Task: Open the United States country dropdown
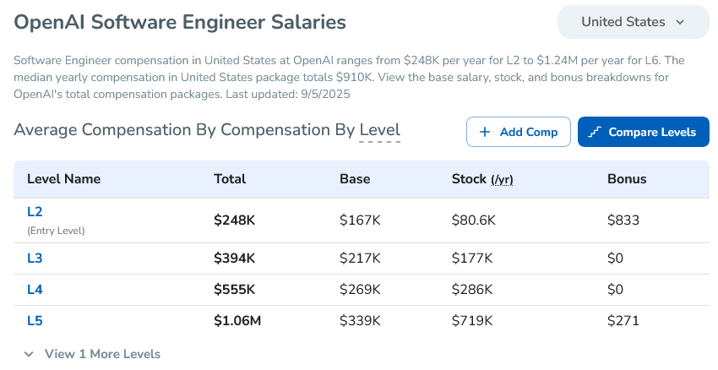[633, 22]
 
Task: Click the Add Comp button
[518, 132]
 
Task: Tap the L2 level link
[35, 211]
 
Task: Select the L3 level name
[35, 258]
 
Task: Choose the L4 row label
[35, 289]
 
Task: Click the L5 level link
[35, 320]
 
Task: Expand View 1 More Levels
[92, 354]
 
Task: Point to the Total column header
[230, 179]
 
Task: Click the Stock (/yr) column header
[482, 179]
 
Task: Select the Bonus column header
[627, 179]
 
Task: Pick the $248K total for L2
[234, 220]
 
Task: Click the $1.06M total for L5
[237, 320]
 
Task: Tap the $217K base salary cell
[360, 258]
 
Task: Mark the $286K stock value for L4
[473, 289]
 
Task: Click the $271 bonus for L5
[623, 320]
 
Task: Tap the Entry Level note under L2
[56, 230]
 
